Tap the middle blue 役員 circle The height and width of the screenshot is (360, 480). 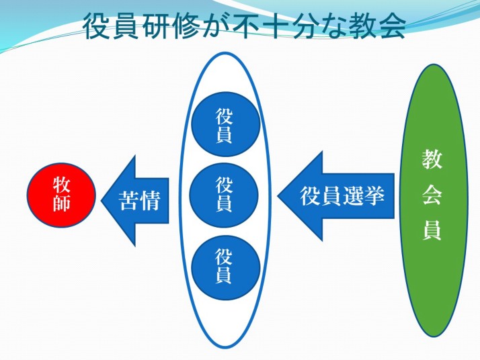click(x=224, y=195)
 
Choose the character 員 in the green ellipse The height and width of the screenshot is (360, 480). click(x=431, y=230)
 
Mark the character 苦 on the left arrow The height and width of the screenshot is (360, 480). click(x=130, y=200)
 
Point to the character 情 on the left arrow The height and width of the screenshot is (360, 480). click(x=151, y=200)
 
